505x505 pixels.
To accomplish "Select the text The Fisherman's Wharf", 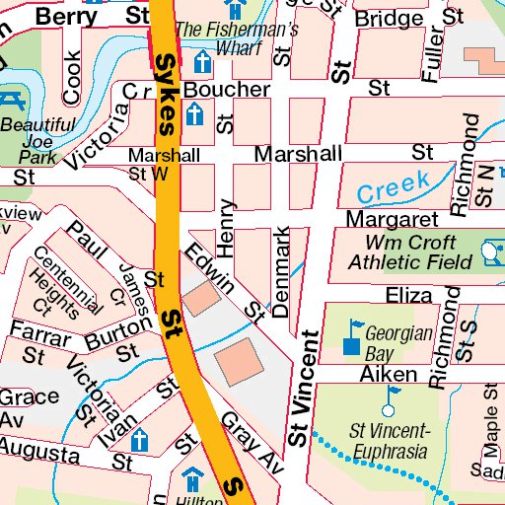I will pos(237,38).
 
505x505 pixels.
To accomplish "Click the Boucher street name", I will pos(213,90).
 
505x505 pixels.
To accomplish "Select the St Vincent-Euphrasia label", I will pos(390,441).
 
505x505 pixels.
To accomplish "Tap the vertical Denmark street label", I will pos(283,272).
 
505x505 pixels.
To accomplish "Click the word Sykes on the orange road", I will pos(167,94).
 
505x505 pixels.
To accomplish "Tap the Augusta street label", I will pos(39,453).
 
